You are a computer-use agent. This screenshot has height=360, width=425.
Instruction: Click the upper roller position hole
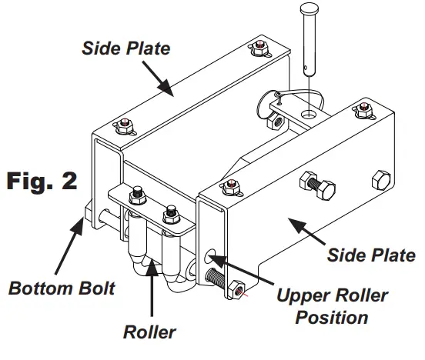click(212, 255)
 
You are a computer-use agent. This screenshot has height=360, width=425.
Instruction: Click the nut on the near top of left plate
click(123, 125)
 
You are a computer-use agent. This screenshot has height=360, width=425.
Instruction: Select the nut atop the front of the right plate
click(229, 185)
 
